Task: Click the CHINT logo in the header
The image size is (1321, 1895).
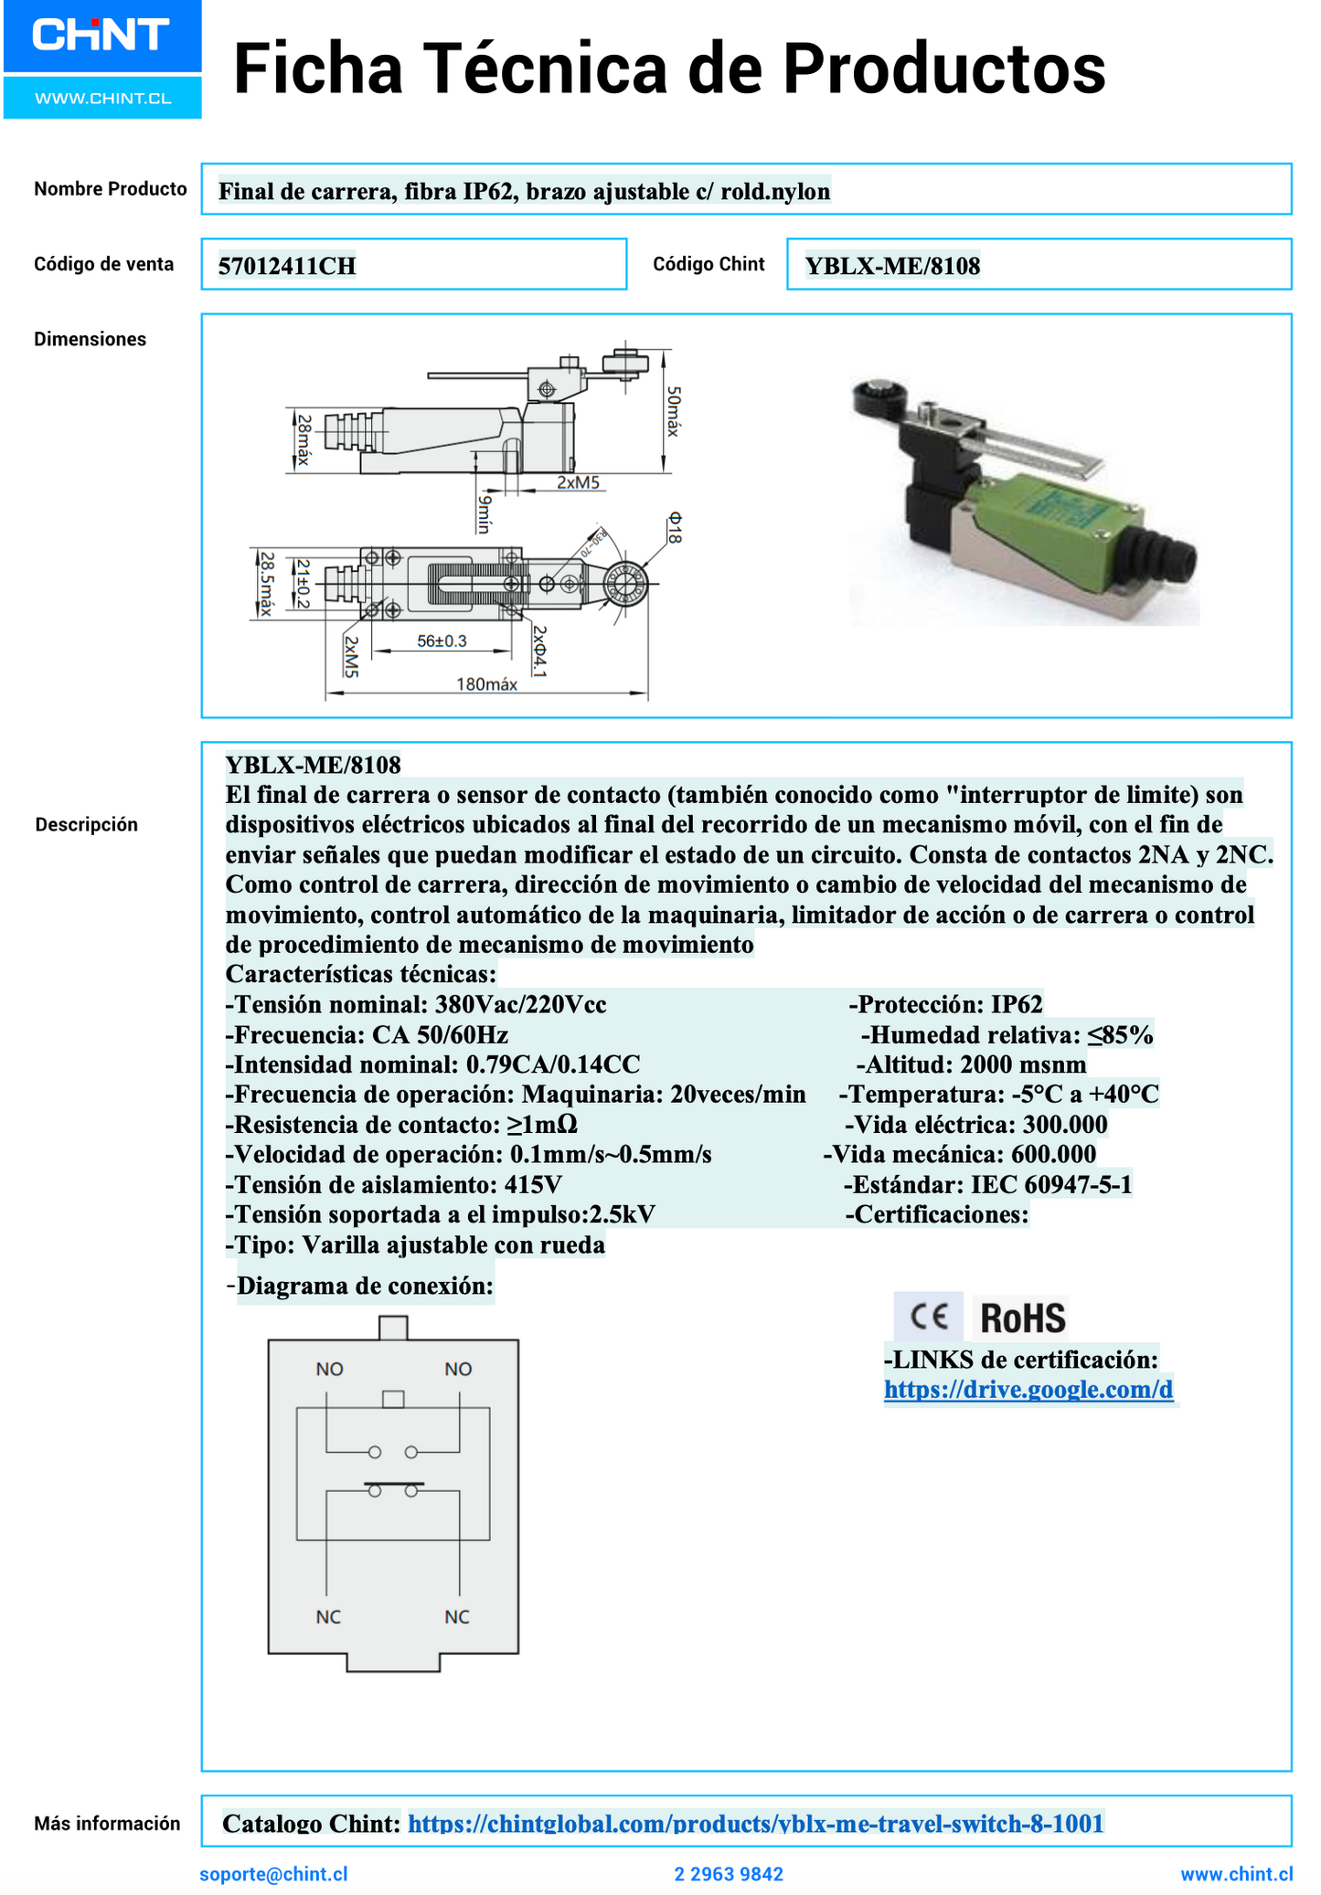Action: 101,37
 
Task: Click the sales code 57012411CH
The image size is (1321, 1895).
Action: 287,266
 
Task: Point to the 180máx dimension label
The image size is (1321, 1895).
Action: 486,684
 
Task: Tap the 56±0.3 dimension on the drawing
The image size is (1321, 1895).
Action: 442,641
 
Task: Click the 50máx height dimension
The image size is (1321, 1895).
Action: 673,410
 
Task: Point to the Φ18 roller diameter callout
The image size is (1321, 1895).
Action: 674,527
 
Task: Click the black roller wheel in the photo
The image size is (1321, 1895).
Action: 878,402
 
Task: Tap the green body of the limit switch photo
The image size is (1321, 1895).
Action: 1051,530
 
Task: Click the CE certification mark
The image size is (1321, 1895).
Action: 929,1317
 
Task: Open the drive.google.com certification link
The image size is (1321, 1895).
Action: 1028,1390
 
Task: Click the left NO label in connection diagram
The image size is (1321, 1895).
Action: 329,1369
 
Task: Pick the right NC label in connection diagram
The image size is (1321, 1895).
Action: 457,1616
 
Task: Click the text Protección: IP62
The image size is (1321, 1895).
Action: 946,1005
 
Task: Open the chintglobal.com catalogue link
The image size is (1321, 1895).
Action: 755,1824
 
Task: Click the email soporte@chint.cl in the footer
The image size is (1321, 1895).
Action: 273,1874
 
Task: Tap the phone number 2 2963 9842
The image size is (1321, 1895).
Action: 729,1874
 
